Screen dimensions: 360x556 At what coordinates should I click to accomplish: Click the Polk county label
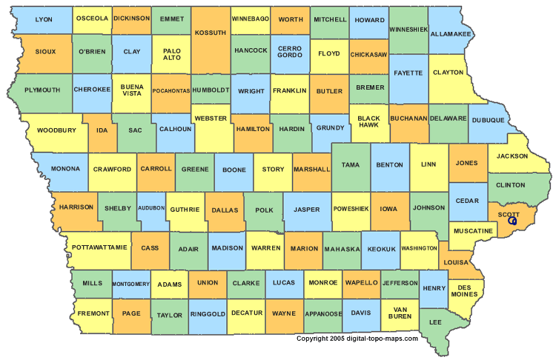tap(264, 210)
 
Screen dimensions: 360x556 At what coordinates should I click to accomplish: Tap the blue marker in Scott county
tap(512, 221)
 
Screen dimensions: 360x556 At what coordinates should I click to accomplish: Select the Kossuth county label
tap(210, 33)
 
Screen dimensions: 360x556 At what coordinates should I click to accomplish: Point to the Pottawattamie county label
tap(100, 246)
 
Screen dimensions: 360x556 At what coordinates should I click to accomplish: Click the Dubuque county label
tap(487, 120)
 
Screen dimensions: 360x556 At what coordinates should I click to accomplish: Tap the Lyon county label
tap(44, 19)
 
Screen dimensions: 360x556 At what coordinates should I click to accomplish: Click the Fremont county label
tap(93, 313)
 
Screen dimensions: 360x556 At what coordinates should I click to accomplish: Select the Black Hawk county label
tap(368, 121)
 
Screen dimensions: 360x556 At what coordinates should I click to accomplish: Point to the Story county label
tap(273, 169)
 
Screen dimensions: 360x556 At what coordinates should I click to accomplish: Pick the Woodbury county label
tap(56, 130)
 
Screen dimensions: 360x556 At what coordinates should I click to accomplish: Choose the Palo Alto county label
tap(171, 54)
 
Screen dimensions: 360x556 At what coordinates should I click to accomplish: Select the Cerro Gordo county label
tap(289, 53)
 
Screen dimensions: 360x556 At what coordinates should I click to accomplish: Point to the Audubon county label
tap(151, 209)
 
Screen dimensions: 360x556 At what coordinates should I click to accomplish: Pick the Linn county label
tap(428, 164)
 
